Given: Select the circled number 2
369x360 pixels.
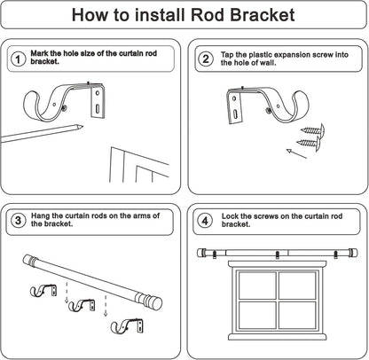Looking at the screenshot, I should click(x=205, y=59).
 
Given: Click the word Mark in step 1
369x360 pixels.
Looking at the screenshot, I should click(x=39, y=54).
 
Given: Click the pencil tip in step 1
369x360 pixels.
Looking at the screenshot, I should click(x=82, y=127).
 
